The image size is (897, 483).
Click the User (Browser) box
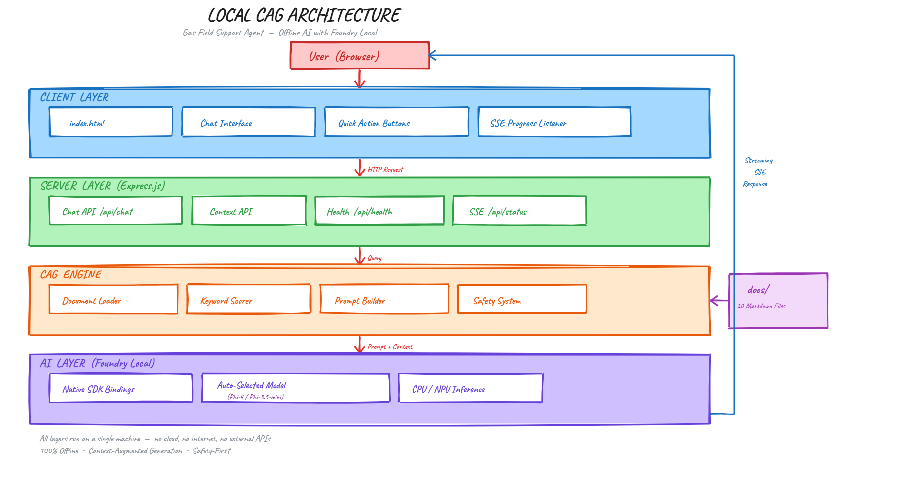(359, 56)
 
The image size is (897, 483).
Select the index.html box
(111, 122)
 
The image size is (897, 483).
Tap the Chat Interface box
(248, 122)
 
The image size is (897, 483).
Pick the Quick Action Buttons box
(396, 122)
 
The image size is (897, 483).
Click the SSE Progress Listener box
(554, 122)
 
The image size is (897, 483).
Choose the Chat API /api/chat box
(115, 211)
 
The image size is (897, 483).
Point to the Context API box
(249, 211)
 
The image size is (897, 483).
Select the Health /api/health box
(379, 211)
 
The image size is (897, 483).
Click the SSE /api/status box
(519, 211)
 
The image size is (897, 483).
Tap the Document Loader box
(113, 299)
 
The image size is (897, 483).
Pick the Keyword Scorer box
(248, 299)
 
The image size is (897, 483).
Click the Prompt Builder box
(384, 299)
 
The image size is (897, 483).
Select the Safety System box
(522, 299)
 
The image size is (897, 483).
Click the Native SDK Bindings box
(121, 388)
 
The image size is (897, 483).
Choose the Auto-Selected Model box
(295, 388)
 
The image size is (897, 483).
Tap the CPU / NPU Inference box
(470, 388)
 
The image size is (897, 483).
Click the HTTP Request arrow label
(385, 170)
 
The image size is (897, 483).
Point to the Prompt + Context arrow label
(390, 347)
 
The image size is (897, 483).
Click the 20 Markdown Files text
(761, 306)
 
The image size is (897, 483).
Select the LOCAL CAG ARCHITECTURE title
(304, 16)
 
